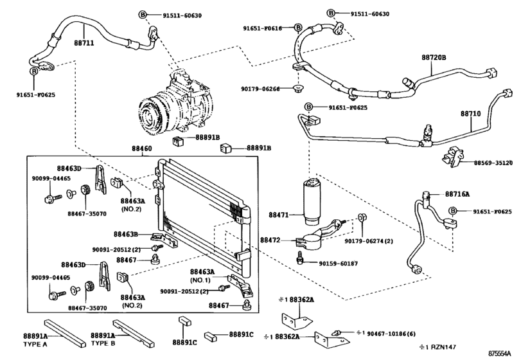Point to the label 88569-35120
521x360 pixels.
(495, 163)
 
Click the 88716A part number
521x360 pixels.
(457, 194)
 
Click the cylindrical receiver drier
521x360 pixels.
(314, 199)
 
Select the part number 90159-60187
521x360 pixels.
(339, 264)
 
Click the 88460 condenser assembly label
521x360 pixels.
(142, 148)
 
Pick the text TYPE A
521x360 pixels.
(55, 343)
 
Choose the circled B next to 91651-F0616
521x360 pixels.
(298, 28)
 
